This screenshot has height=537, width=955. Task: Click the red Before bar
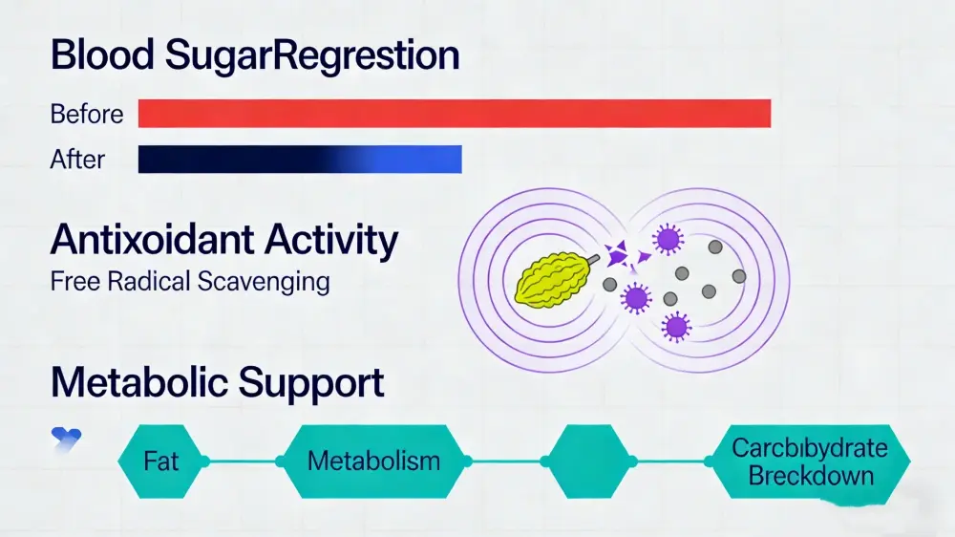pos(454,113)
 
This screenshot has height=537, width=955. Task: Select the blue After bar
pos(300,159)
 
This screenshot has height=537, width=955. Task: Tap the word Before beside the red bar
pos(86,114)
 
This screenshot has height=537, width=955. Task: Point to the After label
pos(77,159)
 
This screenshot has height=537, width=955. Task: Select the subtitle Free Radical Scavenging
pos(190,282)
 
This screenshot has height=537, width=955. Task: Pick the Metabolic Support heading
pos(218,382)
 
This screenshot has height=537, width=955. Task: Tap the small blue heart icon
pos(66,438)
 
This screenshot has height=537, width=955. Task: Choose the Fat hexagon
pos(161,461)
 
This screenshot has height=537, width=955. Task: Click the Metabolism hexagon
pos(373,461)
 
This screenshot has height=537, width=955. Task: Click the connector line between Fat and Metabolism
pos(243,461)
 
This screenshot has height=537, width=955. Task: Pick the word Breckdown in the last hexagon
pos(811,475)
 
